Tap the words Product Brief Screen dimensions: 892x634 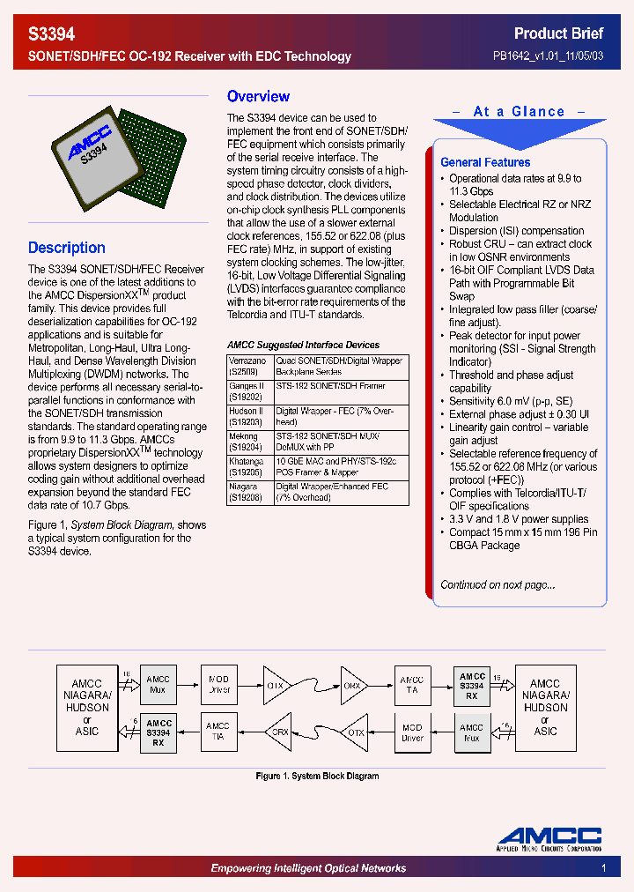(x=558, y=33)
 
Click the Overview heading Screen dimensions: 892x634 (x=258, y=97)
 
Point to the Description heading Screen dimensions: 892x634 (x=66, y=248)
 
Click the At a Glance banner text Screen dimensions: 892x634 (x=519, y=112)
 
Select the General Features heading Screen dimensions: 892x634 (x=484, y=162)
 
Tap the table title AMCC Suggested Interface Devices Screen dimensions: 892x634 (x=303, y=345)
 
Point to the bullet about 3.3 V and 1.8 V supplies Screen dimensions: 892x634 (x=519, y=519)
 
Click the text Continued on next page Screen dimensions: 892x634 (x=498, y=584)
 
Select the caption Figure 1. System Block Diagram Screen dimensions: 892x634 (x=317, y=777)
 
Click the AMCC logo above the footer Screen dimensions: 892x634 (x=549, y=838)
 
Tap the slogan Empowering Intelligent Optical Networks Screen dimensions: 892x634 (x=308, y=869)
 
